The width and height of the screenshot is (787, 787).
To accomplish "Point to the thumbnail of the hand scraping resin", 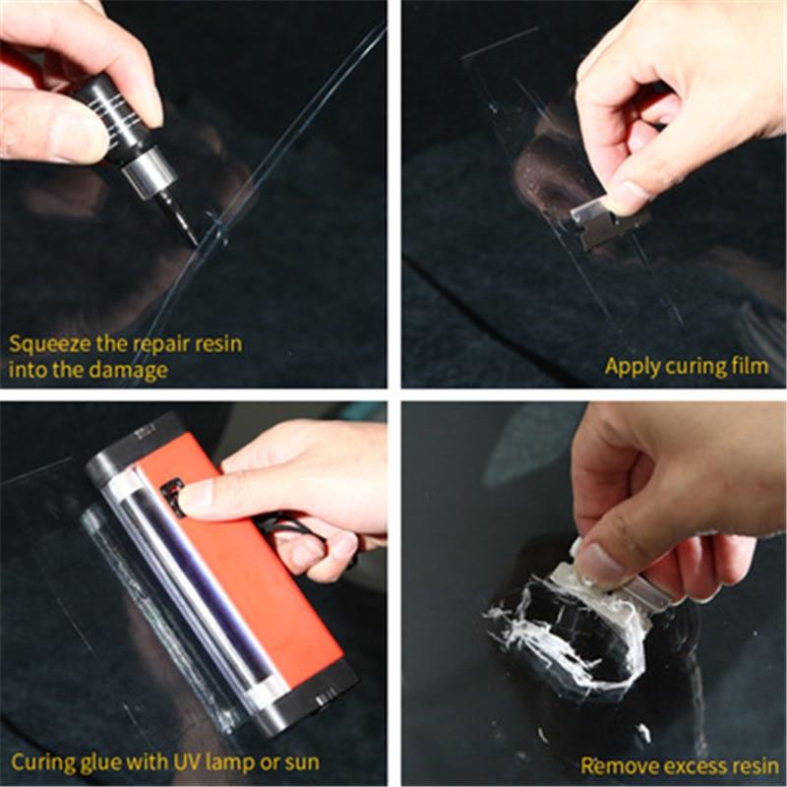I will (x=591, y=556).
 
